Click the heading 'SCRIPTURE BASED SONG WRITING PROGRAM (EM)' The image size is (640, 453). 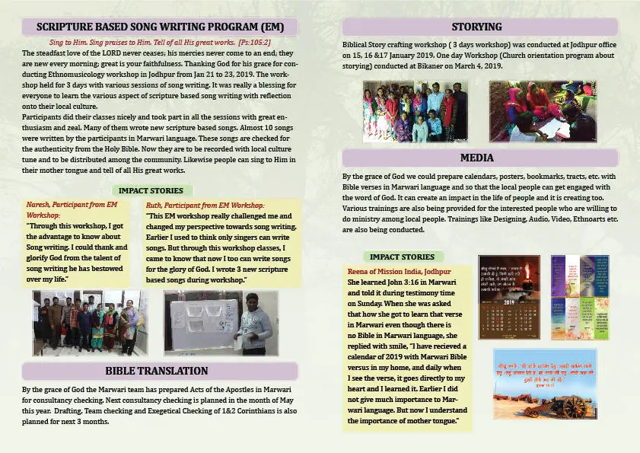(x=160, y=27)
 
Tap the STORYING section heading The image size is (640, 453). (x=476, y=27)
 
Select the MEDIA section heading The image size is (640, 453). (x=476, y=158)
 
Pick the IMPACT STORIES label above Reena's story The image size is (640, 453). (x=401, y=257)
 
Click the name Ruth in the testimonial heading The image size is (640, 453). (x=154, y=206)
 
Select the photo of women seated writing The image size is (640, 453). (x=543, y=112)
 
